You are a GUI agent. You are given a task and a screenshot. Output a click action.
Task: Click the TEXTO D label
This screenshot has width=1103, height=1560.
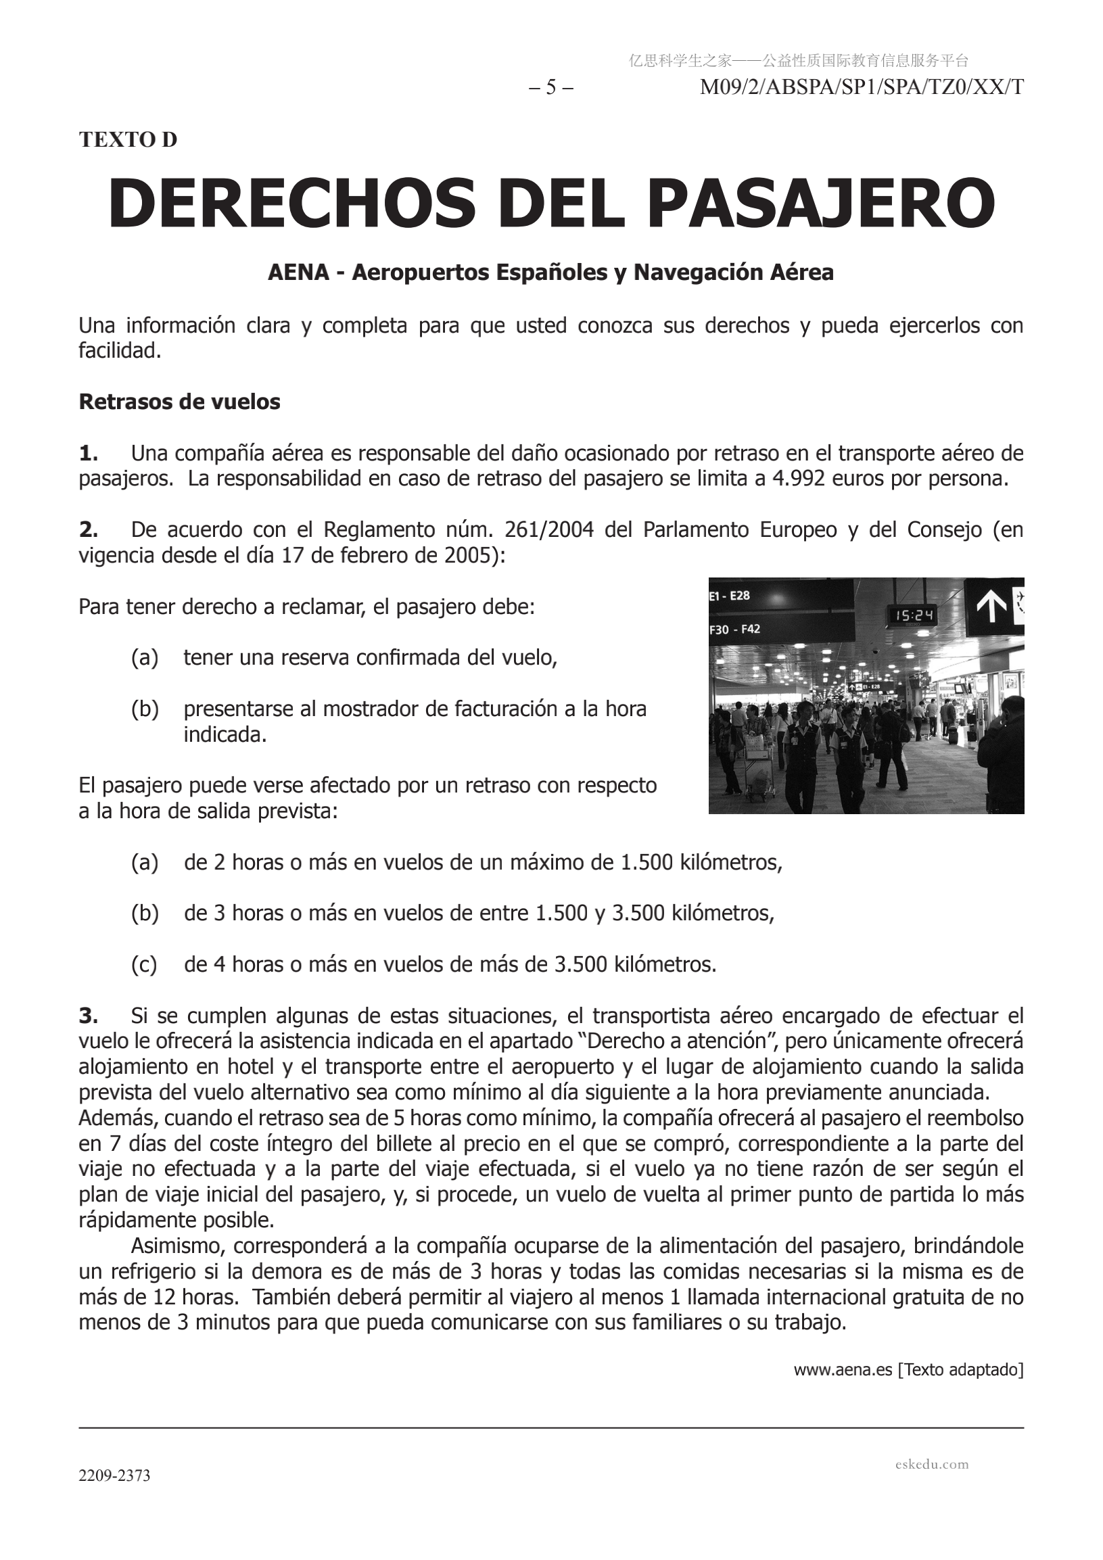128,139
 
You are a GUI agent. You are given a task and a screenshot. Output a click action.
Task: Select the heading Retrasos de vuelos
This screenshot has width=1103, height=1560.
179,402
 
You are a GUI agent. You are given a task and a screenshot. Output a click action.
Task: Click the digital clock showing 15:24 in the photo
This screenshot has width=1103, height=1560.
913,615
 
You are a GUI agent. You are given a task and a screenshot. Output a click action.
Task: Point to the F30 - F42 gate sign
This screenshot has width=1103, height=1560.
734,629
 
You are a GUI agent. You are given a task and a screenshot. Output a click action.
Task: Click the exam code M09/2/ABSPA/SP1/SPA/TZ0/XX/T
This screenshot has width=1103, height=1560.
861,88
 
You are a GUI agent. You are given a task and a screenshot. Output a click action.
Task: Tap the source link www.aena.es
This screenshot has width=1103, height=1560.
843,1370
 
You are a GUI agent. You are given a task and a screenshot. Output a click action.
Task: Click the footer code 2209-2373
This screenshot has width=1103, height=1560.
114,1475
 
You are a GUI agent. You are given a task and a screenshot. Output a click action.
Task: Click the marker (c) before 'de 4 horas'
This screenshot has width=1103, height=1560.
144,964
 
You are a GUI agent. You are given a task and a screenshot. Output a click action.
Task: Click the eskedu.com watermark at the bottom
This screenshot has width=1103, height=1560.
932,1463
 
